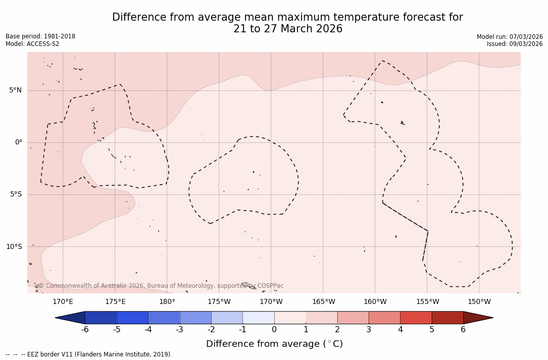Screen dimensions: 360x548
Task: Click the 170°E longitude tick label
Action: coord(63,302)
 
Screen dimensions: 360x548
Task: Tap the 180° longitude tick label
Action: coord(167,302)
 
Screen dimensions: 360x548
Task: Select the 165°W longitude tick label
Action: coord(323,302)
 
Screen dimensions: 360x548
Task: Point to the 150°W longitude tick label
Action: coord(479,302)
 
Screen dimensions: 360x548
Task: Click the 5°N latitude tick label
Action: coord(15,90)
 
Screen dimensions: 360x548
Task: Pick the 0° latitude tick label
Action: coord(19,142)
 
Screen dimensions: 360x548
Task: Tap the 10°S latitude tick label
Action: coord(14,247)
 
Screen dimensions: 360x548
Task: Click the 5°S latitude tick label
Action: coord(15,194)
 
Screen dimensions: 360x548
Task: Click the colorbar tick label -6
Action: coord(85,330)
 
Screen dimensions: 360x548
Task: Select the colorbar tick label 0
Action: coord(274,330)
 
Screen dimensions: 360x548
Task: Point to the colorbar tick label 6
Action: coord(463,330)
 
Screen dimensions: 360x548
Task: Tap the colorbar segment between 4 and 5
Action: coord(416,318)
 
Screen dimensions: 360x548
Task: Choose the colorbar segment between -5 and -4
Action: coord(132,318)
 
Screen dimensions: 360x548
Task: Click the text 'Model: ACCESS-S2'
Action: coord(32,44)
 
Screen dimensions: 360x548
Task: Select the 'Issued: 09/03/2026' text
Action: coord(515,44)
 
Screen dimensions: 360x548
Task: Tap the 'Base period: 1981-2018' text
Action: coord(40,36)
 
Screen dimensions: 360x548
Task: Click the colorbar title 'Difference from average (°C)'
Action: coord(274,344)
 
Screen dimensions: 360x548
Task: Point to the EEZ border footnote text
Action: coord(89,354)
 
